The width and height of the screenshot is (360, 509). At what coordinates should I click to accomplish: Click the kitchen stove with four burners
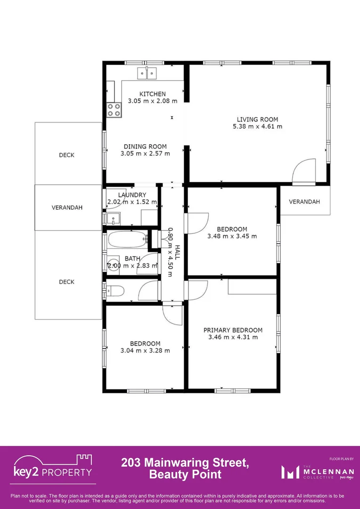[114, 110]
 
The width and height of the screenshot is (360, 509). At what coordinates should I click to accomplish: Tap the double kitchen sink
[147, 74]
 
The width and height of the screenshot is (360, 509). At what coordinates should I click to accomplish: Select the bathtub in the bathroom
[126, 240]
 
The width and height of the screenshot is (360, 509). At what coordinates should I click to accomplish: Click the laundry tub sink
[114, 219]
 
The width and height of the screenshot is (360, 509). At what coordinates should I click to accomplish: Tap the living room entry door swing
[303, 171]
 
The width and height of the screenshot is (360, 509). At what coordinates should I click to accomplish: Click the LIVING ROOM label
[257, 120]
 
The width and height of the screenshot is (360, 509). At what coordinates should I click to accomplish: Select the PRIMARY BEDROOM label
[233, 330]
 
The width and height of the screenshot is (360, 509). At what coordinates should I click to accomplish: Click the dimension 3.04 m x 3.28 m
[145, 351]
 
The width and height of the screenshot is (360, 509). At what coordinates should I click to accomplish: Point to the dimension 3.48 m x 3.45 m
[232, 236]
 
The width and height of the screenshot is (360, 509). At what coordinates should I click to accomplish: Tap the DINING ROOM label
[145, 147]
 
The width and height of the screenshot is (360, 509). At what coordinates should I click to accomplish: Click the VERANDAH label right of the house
[304, 202]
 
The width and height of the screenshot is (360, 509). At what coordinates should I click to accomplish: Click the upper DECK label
[66, 155]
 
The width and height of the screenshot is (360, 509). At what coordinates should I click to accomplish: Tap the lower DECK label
[66, 282]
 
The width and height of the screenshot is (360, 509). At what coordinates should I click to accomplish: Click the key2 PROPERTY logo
[53, 468]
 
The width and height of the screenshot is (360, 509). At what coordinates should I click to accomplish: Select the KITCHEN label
[152, 94]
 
